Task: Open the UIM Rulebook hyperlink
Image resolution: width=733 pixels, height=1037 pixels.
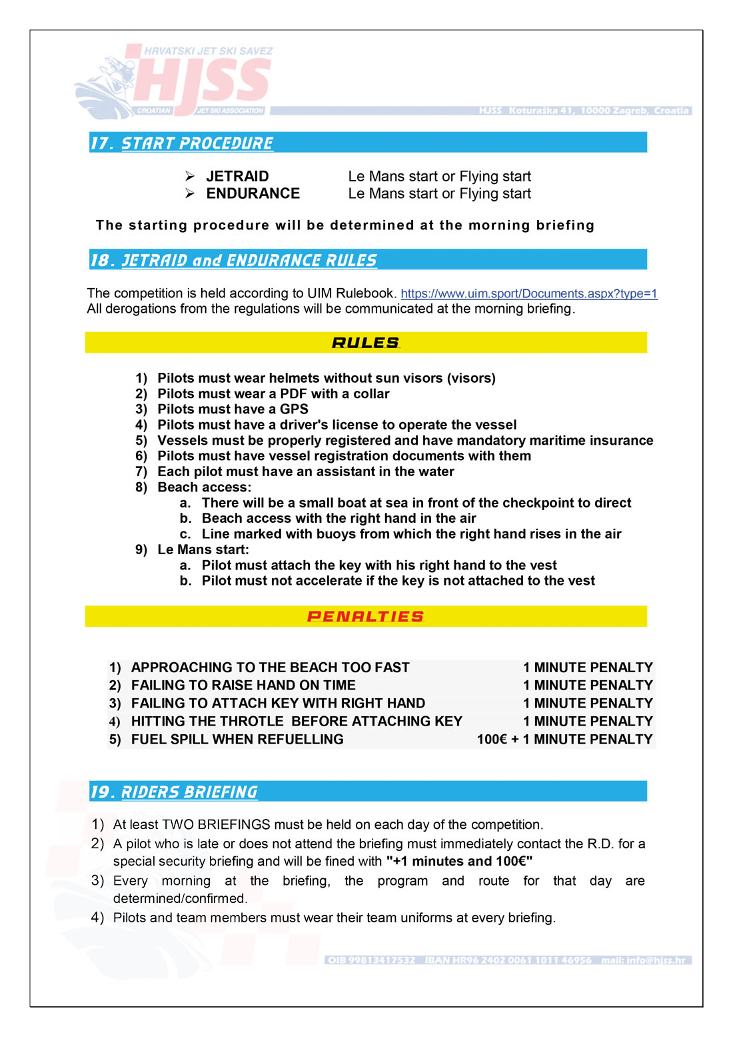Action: point(528,293)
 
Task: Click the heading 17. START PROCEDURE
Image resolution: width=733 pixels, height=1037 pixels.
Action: point(182,143)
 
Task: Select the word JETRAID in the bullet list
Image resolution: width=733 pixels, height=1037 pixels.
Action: point(237,176)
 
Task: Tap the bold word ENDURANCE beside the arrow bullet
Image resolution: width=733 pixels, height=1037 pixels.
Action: point(253,193)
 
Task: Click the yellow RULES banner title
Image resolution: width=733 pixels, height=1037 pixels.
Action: point(365,343)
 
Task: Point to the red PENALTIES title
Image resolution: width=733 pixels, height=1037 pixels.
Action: point(365,616)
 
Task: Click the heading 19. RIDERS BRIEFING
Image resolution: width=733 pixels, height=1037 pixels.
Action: point(174,792)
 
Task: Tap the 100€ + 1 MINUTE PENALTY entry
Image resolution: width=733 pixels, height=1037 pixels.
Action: point(564,739)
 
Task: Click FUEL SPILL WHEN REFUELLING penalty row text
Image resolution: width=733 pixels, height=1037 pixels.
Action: point(237,739)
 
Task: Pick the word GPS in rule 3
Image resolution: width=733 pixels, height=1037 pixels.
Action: point(294,409)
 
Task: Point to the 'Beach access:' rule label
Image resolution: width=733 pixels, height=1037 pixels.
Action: point(204,487)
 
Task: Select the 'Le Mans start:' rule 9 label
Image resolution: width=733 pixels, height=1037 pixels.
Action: point(203,550)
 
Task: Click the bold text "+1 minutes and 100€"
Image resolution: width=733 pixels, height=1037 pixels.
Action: point(459,861)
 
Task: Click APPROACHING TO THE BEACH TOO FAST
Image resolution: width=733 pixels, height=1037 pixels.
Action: point(270,668)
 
